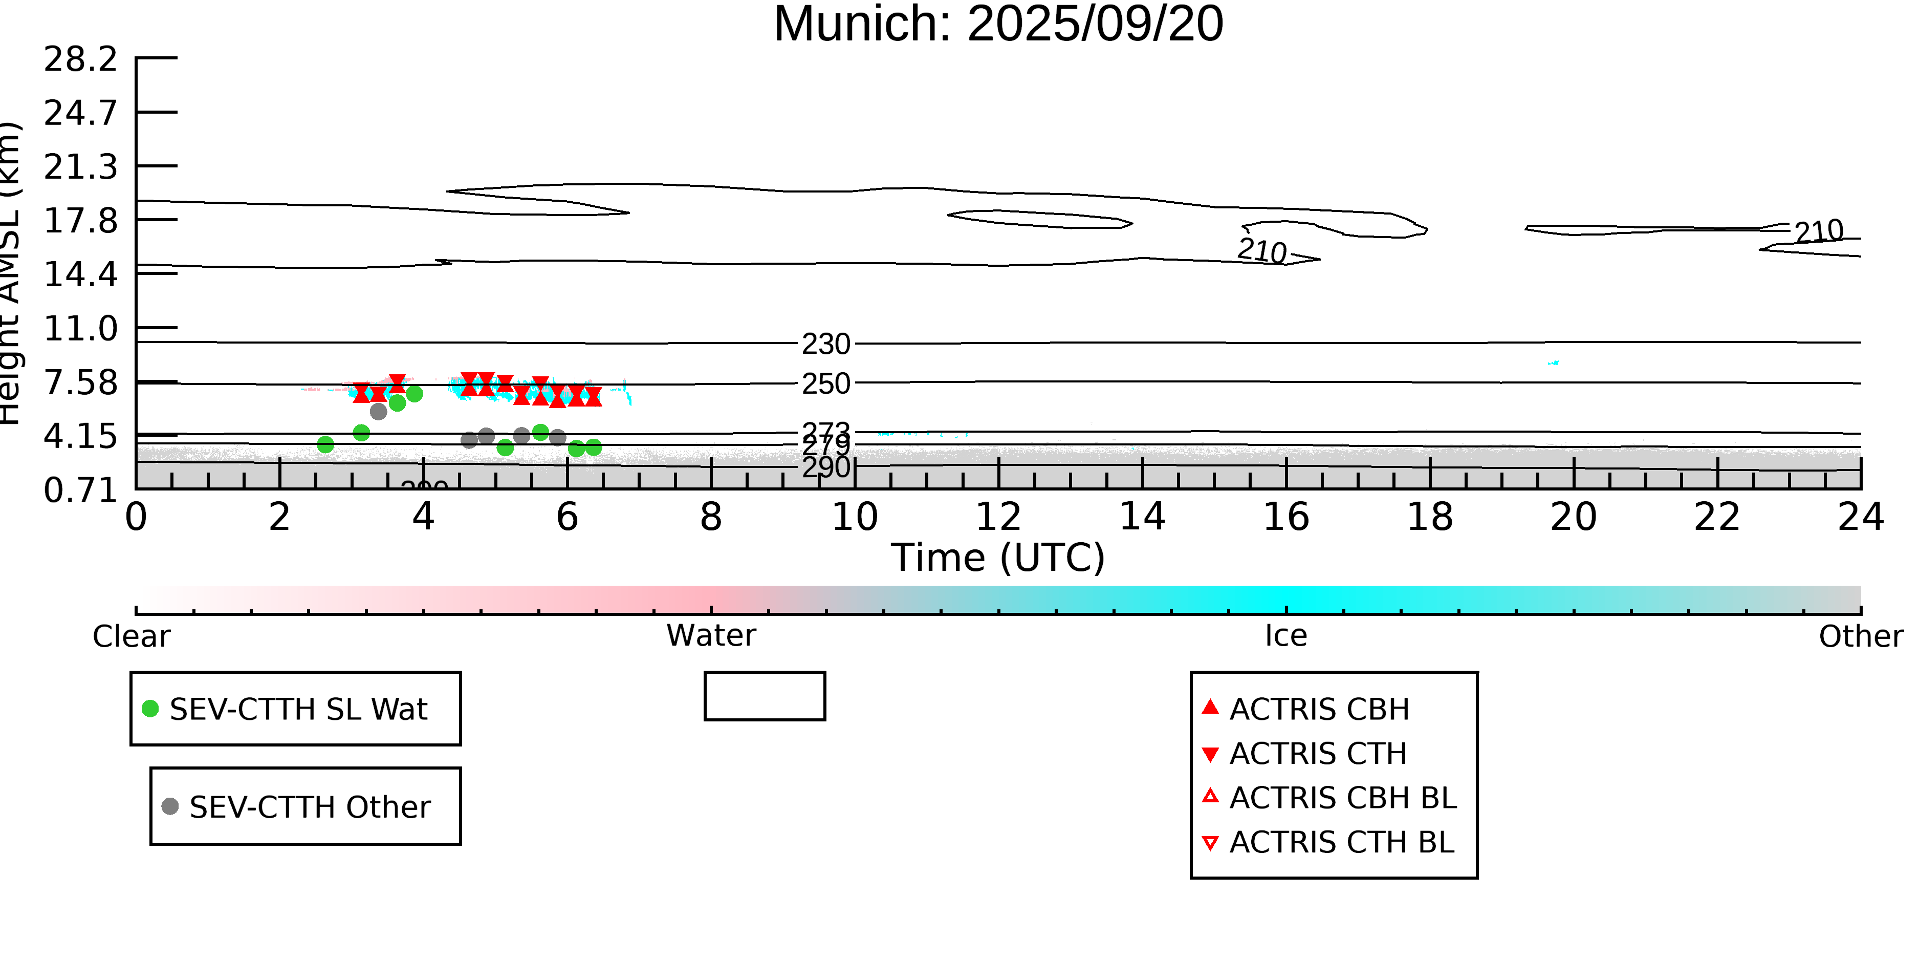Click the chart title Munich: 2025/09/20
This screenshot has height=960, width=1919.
click(x=998, y=24)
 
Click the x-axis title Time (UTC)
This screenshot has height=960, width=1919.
click(x=998, y=558)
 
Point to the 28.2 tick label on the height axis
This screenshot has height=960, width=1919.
click(x=80, y=59)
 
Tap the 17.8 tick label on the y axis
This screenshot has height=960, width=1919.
click(x=80, y=221)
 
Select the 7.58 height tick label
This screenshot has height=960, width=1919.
click(x=80, y=383)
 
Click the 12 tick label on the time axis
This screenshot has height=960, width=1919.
click(x=998, y=517)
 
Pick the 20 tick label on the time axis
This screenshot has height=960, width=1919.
click(x=1574, y=517)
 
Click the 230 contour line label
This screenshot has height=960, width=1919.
click(x=825, y=345)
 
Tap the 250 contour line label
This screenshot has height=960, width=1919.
click(x=825, y=384)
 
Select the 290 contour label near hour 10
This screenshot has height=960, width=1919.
click(x=825, y=468)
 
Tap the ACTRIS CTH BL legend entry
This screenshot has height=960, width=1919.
click(x=1341, y=843)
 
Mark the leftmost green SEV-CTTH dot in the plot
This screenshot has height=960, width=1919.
click(x=325, y=445)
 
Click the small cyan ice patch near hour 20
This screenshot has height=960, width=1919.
click(x=1553, y=363)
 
